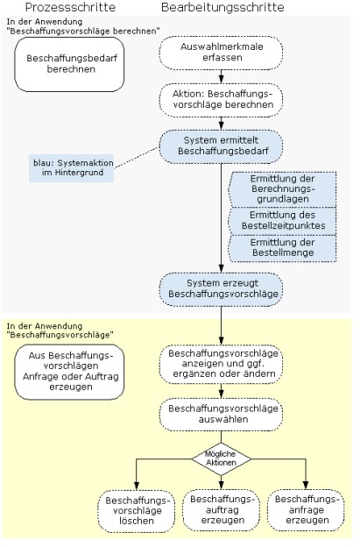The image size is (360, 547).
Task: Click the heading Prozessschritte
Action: pyautogui.click(x=70, y=7)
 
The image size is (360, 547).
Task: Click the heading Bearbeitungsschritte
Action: pyautogui.click(x=222, y=7)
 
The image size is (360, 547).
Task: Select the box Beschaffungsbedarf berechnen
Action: pyautogui.click(x=69, y=65)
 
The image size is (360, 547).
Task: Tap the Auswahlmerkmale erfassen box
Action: pyautogui.click(x=221, y=53)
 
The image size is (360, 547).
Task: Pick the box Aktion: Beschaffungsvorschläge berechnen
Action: pyautogui.click(x=221, y=100)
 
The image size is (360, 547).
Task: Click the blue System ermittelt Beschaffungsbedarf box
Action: pyautogui.click(x=221, y=146)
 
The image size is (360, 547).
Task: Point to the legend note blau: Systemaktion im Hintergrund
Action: pyautogui.click(x=72, y=167)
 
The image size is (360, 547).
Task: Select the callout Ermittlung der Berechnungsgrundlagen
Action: pyautogui.click(x=282, y=188)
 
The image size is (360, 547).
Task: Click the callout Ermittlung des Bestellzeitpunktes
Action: pyautogui.click(x=282, y=221)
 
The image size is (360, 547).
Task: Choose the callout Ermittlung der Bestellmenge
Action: pyautogui.click(x=282, y=248)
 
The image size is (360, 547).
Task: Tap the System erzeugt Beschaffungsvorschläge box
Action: pyautogui.click(x=221, y=289)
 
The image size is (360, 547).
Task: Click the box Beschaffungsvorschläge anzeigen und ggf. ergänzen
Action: pyautogui.click(x=221, y=364)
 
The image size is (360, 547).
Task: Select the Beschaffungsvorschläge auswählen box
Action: pyautogui.click(x=221, y=415)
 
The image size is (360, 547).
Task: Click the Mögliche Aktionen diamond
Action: pyautogui.click(x=222, y=458)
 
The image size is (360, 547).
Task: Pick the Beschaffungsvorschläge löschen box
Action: pyautogui.click(x=137, y=511)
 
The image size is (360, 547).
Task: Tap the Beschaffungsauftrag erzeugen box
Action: pyautogui.click(x=222, y=510)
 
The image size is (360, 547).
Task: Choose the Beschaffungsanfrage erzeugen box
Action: pyautogui.click(x=306, y=510)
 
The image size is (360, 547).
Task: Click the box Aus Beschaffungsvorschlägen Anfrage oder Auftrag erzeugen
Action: pyautogui.click(x=69, y=372)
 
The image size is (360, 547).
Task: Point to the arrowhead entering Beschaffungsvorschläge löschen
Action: pyautogui.click(x=137, y=486)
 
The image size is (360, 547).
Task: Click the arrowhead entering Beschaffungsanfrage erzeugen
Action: pyautogui.click(x=306, y=485)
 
